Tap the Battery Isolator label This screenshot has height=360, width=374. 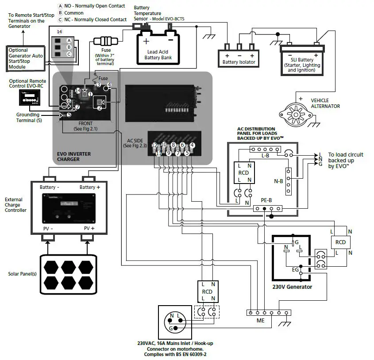[239, 62]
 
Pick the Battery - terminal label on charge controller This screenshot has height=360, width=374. [50, 188]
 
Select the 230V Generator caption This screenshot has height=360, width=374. [292, 287]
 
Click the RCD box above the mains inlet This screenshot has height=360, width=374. [207, 291]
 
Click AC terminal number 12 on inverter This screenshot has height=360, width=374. [154, 145]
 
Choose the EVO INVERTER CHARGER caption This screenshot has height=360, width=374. [74, 157]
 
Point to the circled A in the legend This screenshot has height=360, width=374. [60, 6]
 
